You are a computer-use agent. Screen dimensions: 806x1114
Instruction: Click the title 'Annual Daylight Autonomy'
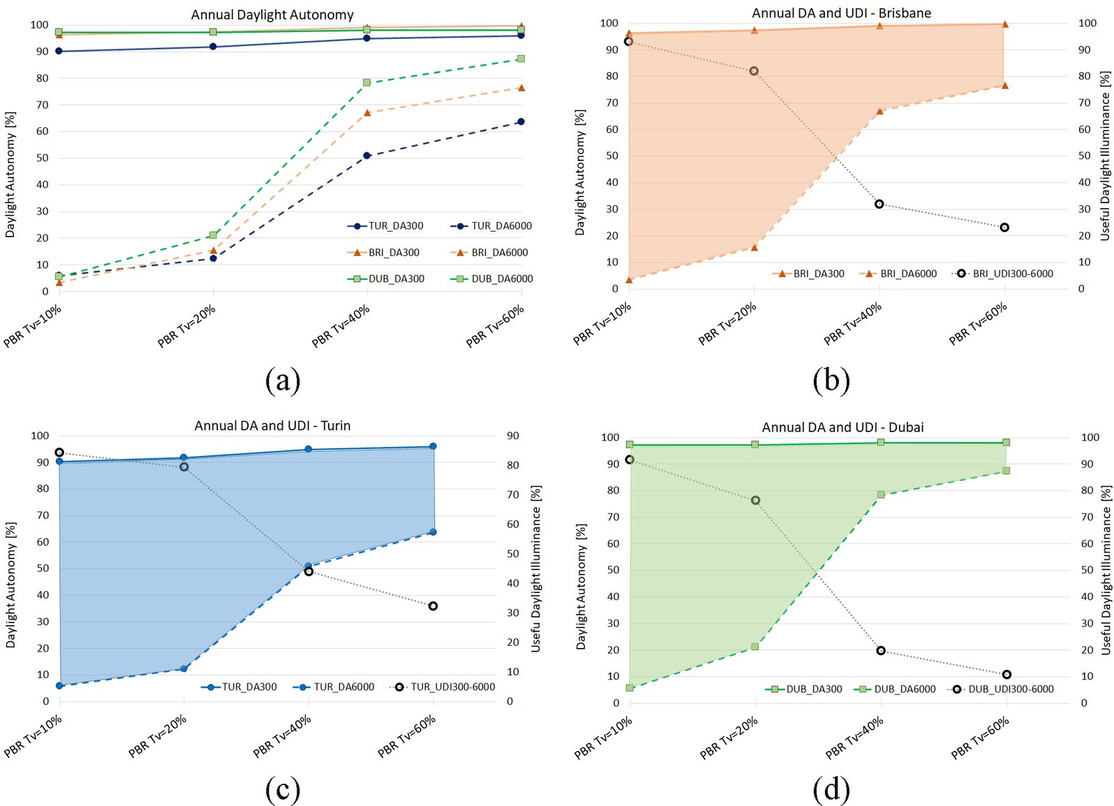tap(272, 15)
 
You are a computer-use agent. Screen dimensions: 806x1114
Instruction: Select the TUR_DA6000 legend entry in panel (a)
tap(491, 226)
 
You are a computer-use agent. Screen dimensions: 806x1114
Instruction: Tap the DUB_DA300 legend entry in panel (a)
tap(386, 278)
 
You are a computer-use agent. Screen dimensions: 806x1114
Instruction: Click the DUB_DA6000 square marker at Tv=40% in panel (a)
tap(367, 82)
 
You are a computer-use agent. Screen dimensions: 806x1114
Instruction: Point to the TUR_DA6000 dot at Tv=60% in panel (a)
tap(521, 122)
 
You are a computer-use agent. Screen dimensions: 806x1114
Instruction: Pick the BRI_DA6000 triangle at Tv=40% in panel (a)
tap(367, 112)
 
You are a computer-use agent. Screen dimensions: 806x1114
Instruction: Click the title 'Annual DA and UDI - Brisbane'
tap(841, 13)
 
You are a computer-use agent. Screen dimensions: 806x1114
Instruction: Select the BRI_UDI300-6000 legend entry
tap(1003, 274)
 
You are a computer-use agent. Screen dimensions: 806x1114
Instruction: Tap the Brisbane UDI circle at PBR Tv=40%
tap(879, 204)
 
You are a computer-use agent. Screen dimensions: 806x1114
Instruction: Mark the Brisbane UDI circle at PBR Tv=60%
tap(1005, 228)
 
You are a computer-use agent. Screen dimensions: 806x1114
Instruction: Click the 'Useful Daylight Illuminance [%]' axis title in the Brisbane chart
tap(1105, 156)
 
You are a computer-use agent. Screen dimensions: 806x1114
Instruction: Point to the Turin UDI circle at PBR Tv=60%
tap(433, 606)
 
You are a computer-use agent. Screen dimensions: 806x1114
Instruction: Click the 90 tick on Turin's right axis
tap(513, 436)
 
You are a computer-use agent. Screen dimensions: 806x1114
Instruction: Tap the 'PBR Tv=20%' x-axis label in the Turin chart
tap(158, 736)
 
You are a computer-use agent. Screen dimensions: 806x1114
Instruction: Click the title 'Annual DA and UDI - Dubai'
tap(842, 427)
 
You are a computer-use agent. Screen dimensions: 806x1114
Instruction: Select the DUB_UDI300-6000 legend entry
tap(1002, 689)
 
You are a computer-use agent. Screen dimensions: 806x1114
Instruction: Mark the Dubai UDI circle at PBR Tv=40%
tap(881, 651)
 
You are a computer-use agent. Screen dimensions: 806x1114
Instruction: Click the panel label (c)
tap(283, 789)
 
